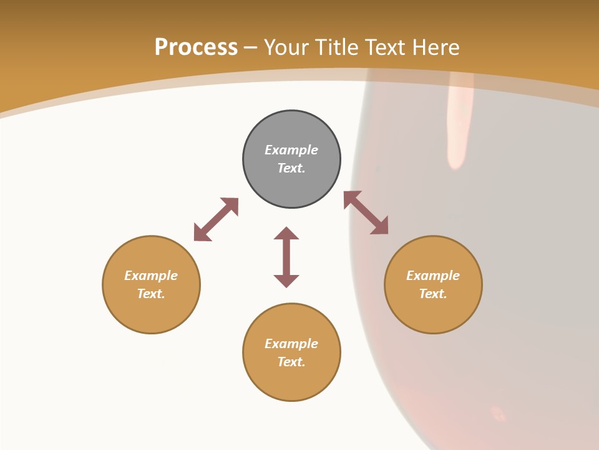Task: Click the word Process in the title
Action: coord(196,47)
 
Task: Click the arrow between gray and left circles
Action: coord(216,219)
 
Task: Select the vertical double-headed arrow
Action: coord(286,257)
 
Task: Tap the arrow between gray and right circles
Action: coord(366,212)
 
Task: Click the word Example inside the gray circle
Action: coord(291,150)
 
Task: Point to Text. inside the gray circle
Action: coord(291,168)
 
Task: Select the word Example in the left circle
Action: coord(151,276)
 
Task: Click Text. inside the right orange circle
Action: coord(433,294)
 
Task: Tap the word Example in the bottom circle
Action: coord(291,344)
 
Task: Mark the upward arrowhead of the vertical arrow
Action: coord(286,233)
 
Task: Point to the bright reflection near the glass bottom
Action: coord(498,413)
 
